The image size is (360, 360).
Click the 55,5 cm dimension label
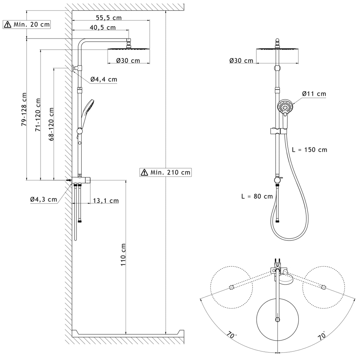point(109,18)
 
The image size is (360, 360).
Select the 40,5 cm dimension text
point(103,28)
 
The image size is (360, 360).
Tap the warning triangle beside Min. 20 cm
point(8,24)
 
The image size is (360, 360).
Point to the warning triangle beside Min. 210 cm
point(144,172)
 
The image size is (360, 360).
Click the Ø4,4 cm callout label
point(104,80)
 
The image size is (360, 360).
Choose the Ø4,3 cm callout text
point(44,199)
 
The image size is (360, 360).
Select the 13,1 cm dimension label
point(106,201)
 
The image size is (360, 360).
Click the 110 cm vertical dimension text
point(123,255)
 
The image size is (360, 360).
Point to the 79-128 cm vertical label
point(24,109)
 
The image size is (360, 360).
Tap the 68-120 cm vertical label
point(51,124)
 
